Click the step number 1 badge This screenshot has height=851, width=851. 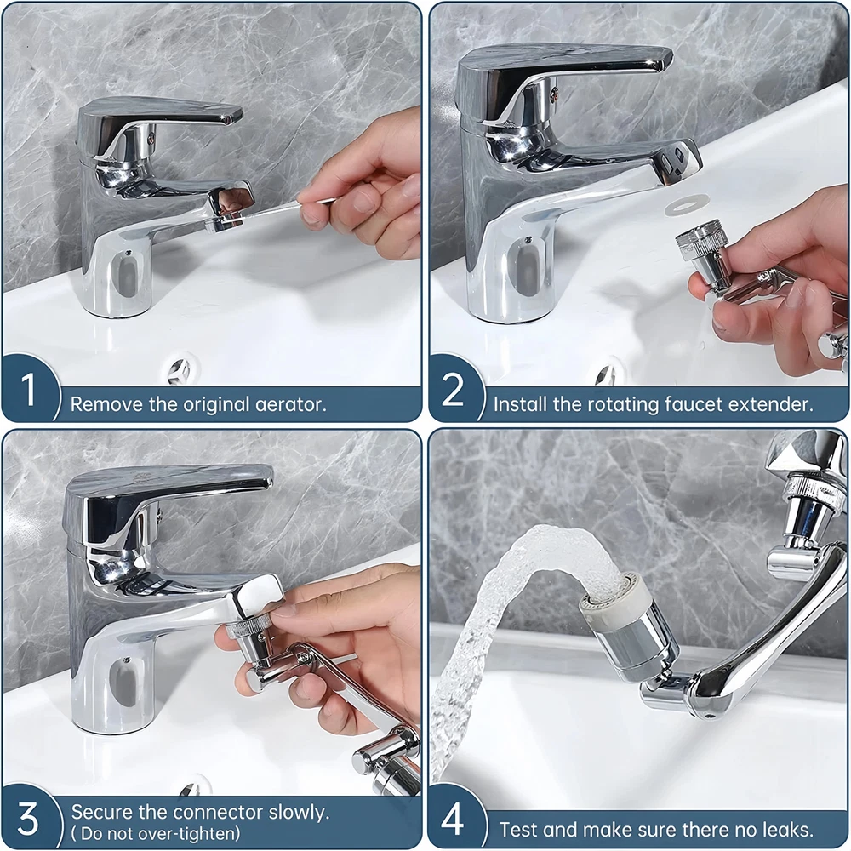(28, 388)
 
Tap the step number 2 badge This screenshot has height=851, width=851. (453, 388)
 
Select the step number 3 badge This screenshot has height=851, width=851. (28, 818)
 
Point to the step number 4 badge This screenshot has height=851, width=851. (453, 818)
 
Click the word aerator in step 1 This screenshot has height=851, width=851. (290, 404)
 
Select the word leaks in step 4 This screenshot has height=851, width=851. (787, 830)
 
